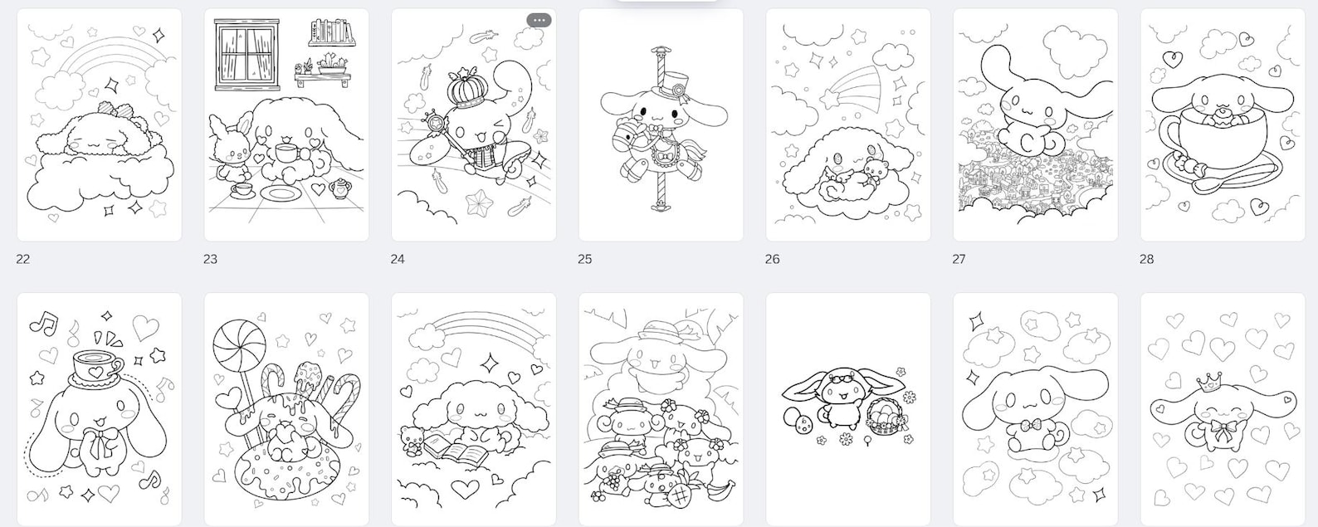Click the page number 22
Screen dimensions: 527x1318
(22, 259)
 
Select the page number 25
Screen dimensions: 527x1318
(585, 259)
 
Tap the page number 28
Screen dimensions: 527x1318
(1146, 259)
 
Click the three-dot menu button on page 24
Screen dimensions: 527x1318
(539, 20)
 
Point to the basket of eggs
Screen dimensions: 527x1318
(885, 415)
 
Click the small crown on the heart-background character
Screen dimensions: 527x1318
(1211, 383)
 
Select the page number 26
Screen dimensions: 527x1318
(772, 259)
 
